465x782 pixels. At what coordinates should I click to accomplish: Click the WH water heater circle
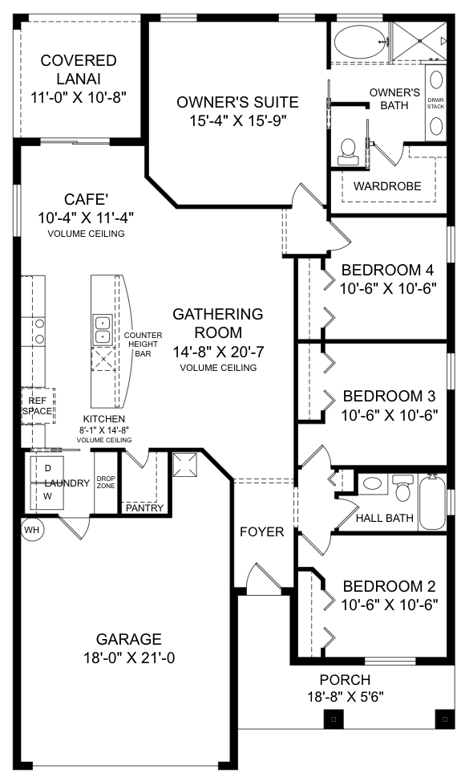[31, 530]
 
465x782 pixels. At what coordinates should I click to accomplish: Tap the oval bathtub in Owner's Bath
[359, 43]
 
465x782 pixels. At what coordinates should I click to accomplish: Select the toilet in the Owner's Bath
[347, 152]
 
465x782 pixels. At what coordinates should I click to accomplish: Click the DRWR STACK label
[435, 104]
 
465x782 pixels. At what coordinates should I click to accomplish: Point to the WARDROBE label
[387, 186]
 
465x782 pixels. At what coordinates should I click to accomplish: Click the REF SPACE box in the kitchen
[38, 406]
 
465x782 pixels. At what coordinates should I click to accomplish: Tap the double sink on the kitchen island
[102, 330]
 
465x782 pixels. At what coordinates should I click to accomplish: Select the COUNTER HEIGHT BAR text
[143, 344]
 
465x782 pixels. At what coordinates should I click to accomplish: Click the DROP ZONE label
[106, 482]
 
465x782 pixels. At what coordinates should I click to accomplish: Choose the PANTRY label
[145, 507]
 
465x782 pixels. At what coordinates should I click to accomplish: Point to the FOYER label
[262, 532]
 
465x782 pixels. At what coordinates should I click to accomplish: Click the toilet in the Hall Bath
[402, 487]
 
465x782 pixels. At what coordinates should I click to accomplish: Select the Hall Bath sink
[372, 483]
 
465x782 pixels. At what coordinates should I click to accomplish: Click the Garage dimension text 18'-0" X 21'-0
[129, 658]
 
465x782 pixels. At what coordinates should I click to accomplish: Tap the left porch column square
[333, 719]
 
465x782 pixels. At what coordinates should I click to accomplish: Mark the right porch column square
[445, 719]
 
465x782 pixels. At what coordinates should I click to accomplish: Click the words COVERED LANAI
[79, 69]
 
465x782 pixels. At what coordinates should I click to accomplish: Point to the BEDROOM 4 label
[388, 270]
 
